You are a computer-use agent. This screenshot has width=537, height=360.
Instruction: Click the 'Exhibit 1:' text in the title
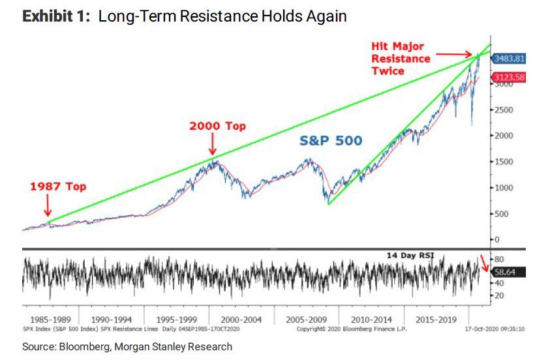pyautogui.click(x=57, y=16)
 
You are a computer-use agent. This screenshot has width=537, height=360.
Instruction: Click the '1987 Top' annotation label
pyautogui.click(x=57, y=187)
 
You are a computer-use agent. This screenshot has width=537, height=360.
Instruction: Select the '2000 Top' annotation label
pyautogui.click(x=217, y=126)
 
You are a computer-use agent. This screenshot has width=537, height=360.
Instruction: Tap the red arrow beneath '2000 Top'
pyautogui.click(x=213, y=148)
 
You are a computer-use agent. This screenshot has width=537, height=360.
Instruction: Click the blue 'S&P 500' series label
pyautogui.click(x=331, y=140)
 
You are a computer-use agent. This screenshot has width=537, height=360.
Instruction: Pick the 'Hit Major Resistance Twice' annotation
pyautogui.click(x=401, y=59)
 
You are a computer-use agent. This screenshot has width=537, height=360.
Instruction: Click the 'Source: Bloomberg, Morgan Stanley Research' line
pyautogui.click(x=127, y=347)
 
